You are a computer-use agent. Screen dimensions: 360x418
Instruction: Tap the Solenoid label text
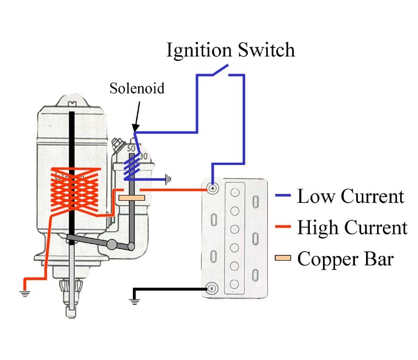[137, 88]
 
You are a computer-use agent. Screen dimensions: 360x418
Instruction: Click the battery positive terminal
[212, 188]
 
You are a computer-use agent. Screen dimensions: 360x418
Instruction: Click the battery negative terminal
[212, 289]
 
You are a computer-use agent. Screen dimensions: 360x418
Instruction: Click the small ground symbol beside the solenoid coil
[168, 180]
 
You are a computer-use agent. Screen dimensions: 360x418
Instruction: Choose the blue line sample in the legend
[283, 197]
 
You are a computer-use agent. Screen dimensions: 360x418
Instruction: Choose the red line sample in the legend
[283, 228]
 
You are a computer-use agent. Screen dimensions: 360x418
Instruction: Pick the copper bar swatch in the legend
[283, 259]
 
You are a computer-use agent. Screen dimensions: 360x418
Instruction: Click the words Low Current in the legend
[350, 197]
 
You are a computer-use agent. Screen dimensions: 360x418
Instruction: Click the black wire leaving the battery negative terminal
[168, 289]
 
